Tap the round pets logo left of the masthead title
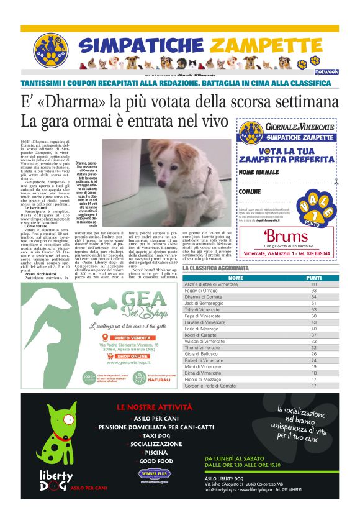tap(50, 50)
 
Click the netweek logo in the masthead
tap(325, 72)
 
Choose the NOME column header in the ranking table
tap(236, 278)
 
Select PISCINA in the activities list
tap(156, 453)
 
